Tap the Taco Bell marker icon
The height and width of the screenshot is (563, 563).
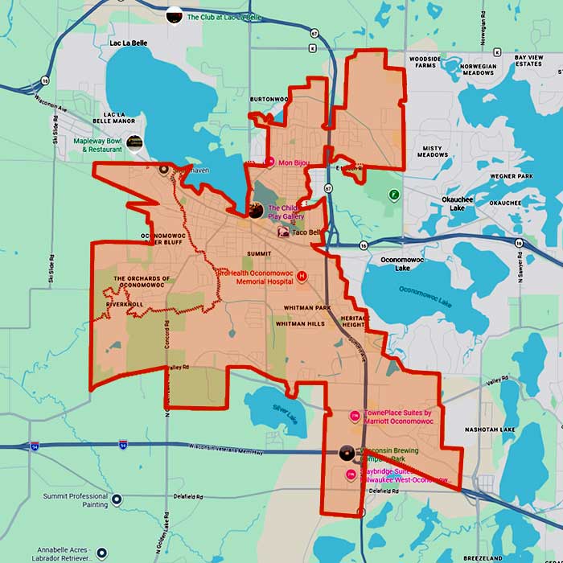point(283,232)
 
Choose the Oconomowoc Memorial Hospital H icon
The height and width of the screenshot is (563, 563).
point(302,276)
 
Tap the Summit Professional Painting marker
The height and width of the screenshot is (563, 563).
point(116,499)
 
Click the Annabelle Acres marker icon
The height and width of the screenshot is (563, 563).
point(102,553)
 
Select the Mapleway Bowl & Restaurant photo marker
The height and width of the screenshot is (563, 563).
point(134,142)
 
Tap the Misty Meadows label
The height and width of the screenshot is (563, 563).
point(432,153)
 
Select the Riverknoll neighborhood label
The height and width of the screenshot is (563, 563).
point(124,305)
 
